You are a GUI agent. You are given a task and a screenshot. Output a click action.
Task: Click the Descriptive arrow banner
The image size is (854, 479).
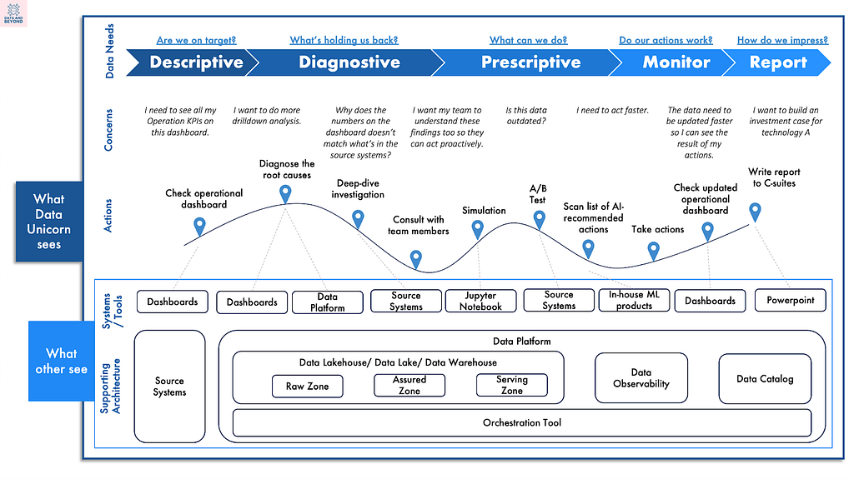tap(192, 62)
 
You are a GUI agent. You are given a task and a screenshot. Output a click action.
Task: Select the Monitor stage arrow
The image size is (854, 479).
tap(674, 62)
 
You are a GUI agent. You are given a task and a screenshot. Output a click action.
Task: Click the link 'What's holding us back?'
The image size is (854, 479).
tap(344, 40)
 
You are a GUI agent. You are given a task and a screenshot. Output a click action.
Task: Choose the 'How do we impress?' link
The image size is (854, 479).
tap(782, 40)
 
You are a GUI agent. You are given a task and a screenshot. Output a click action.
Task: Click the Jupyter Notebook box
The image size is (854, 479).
tap(480, 301)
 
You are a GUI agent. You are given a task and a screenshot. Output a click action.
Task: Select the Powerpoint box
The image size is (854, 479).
tap(791, 301)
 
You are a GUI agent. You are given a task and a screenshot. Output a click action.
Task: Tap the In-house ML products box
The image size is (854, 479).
tap(634, 301)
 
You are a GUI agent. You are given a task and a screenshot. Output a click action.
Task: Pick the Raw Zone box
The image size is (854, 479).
tap(307, 387)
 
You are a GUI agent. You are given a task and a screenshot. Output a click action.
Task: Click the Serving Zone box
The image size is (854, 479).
tap(512, 386)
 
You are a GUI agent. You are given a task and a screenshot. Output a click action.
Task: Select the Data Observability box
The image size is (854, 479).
tap(641, 377)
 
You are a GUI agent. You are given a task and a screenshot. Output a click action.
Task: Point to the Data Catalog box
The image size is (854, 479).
tap(765, 379)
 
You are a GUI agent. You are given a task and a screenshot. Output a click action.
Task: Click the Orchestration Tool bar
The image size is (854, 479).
tap(522, 423)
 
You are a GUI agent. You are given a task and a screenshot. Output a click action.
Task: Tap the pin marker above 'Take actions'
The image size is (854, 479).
tap(654, 251)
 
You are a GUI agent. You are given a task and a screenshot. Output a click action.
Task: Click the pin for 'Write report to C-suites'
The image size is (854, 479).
tap(755, 212)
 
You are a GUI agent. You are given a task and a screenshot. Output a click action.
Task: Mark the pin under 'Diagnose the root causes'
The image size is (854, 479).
tap(285, 193)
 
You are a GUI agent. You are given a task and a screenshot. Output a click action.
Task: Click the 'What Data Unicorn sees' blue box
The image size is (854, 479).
tap(49, 222)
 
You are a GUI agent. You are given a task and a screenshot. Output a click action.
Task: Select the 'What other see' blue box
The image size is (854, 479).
tap(61, 361)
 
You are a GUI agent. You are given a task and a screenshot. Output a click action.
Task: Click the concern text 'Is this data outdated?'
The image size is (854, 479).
tap(526, 116)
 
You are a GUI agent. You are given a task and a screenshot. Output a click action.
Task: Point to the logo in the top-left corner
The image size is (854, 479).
tap(13, 13)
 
